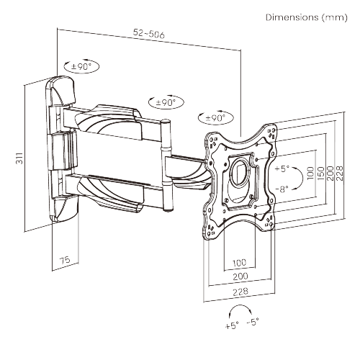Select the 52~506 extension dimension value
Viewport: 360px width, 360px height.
click(x=148, y=32)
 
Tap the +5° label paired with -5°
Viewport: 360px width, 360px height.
click(x=231, y=325)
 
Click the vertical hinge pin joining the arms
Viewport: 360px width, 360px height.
click(x=168, y=166)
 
